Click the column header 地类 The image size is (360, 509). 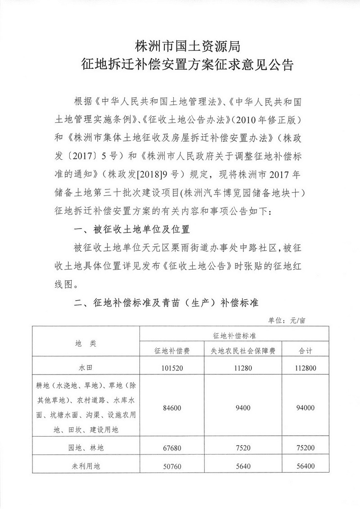tap(85, 343)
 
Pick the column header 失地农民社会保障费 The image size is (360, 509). tap(243, 351)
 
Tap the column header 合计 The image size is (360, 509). tap(306, 351)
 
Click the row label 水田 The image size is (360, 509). tap(85, 367)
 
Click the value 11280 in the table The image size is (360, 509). tap(243, 367)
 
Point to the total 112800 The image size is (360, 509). tap(306, 367)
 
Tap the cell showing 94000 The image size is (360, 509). tap(306, 408)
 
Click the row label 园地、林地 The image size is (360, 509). tap(85, 448)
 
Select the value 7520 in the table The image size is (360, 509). tap(243, 448)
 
